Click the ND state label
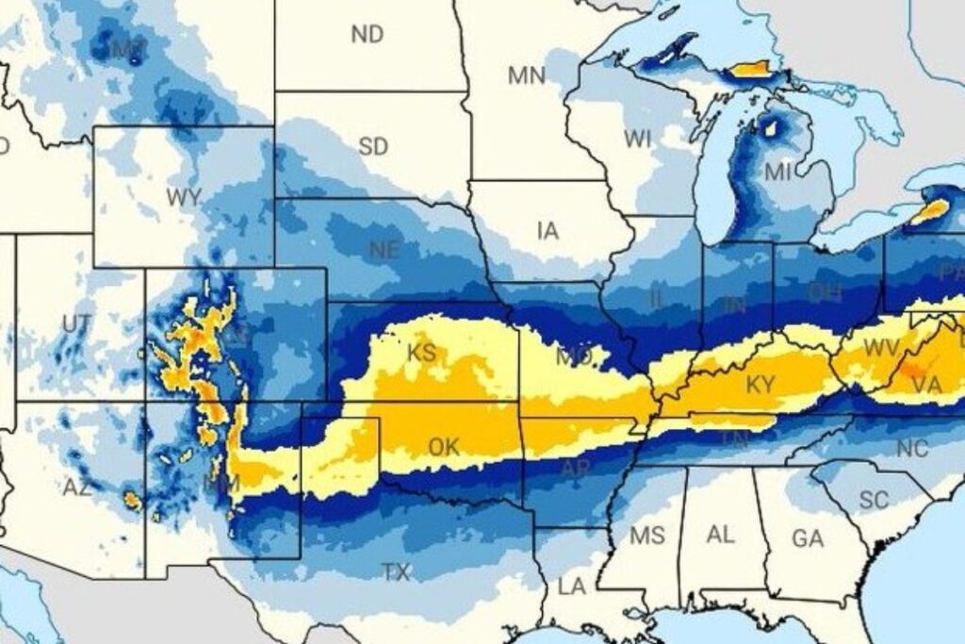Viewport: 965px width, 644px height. click(368, 35)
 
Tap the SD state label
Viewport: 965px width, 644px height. click(373, 147)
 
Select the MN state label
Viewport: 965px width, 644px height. click(527, 75)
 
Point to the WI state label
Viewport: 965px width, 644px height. click(638, 140)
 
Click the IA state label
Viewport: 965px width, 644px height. click(548, 230)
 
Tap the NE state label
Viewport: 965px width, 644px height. click(384, 250)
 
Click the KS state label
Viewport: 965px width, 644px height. click(421, 354)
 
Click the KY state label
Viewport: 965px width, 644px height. click(760, 385)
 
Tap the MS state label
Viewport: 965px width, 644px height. click(647, 537)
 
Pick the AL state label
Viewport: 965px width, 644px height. click(721, 536)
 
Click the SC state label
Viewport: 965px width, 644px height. click(874, 501)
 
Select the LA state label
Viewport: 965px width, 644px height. click(571, 586)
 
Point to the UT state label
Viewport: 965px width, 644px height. click(76, 324)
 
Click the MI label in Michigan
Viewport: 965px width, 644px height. click(778, 172)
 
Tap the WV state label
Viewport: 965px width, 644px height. click(881, 347)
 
